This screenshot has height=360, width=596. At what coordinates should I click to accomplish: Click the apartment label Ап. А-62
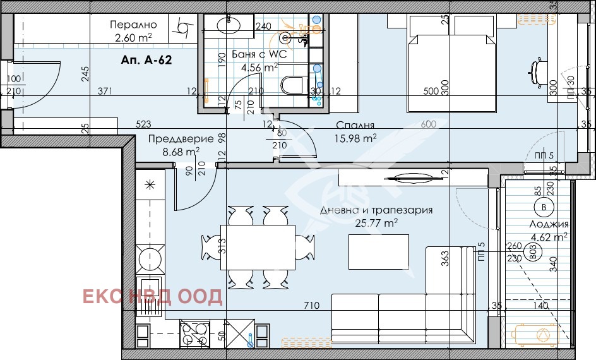[x=146, y=61]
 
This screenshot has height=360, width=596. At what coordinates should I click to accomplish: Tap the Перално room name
[x=133, y=25]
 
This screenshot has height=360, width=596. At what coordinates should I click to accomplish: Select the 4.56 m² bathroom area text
[x=263, y=67]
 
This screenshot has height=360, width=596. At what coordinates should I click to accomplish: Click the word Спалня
[x=355, y=125]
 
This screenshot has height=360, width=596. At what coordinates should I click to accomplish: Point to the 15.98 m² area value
[x=355, y=138]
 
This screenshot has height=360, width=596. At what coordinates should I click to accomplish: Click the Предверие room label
[x=174, y=139]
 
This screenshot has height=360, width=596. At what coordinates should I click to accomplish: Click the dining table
[x=257, y=246]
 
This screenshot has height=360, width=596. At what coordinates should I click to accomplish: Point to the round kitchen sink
[x=151, y=258]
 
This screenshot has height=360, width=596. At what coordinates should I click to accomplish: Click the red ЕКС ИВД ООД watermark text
[x=153, y=297]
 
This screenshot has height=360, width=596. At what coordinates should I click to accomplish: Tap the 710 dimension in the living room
[x=311, y=306]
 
